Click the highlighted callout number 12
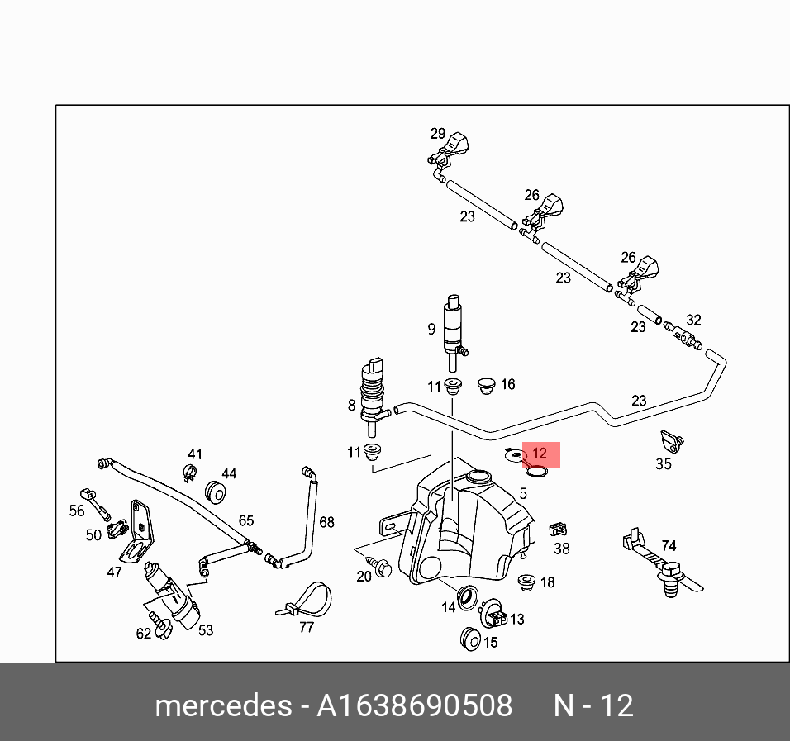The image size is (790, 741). point(539,454)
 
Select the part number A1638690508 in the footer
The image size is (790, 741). point(416,706)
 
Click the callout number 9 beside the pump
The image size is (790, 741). point(431,329)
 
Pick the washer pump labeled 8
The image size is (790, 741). point(374,392)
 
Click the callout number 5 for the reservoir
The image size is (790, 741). point(522,493)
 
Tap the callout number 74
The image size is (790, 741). point(669,546)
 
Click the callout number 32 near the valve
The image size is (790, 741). point(693,320)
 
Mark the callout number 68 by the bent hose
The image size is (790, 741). point(326,522)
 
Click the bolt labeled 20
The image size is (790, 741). point(383,568)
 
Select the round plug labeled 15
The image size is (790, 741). point(469,638)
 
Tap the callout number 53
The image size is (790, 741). point(206,629)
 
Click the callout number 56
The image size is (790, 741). point(77,511)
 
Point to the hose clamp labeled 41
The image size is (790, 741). point(188,473)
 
